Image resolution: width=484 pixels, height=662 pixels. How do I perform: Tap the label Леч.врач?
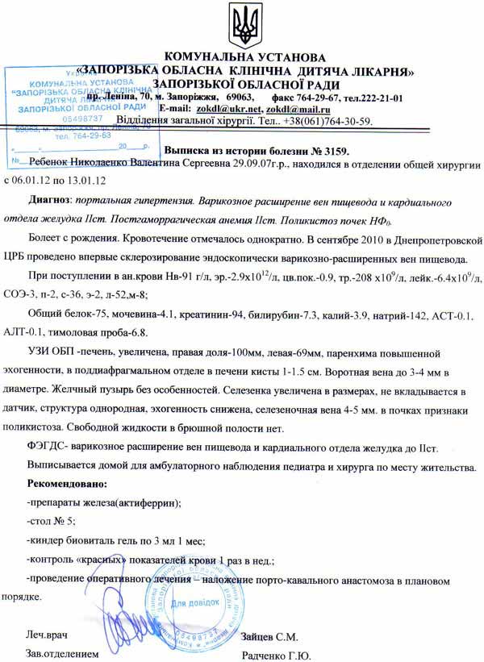point(48,636)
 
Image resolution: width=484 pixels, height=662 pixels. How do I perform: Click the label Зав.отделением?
point(62,655)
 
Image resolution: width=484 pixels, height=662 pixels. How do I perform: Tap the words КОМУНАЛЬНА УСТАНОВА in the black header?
point(244,58)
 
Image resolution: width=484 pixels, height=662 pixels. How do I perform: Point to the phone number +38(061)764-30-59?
point(326,121)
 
